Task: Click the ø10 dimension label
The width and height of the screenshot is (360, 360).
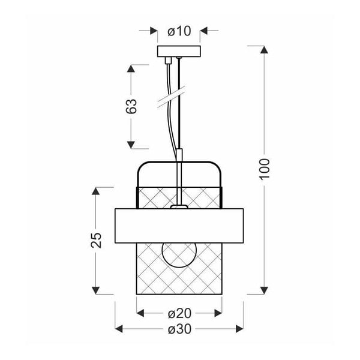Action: [x=179, y=31]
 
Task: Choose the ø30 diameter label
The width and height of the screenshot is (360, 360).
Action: [x=179, y=329]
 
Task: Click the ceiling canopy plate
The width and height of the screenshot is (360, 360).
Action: [x=179, y=52]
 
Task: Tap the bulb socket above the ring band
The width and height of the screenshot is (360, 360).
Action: [x=179, y=206]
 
